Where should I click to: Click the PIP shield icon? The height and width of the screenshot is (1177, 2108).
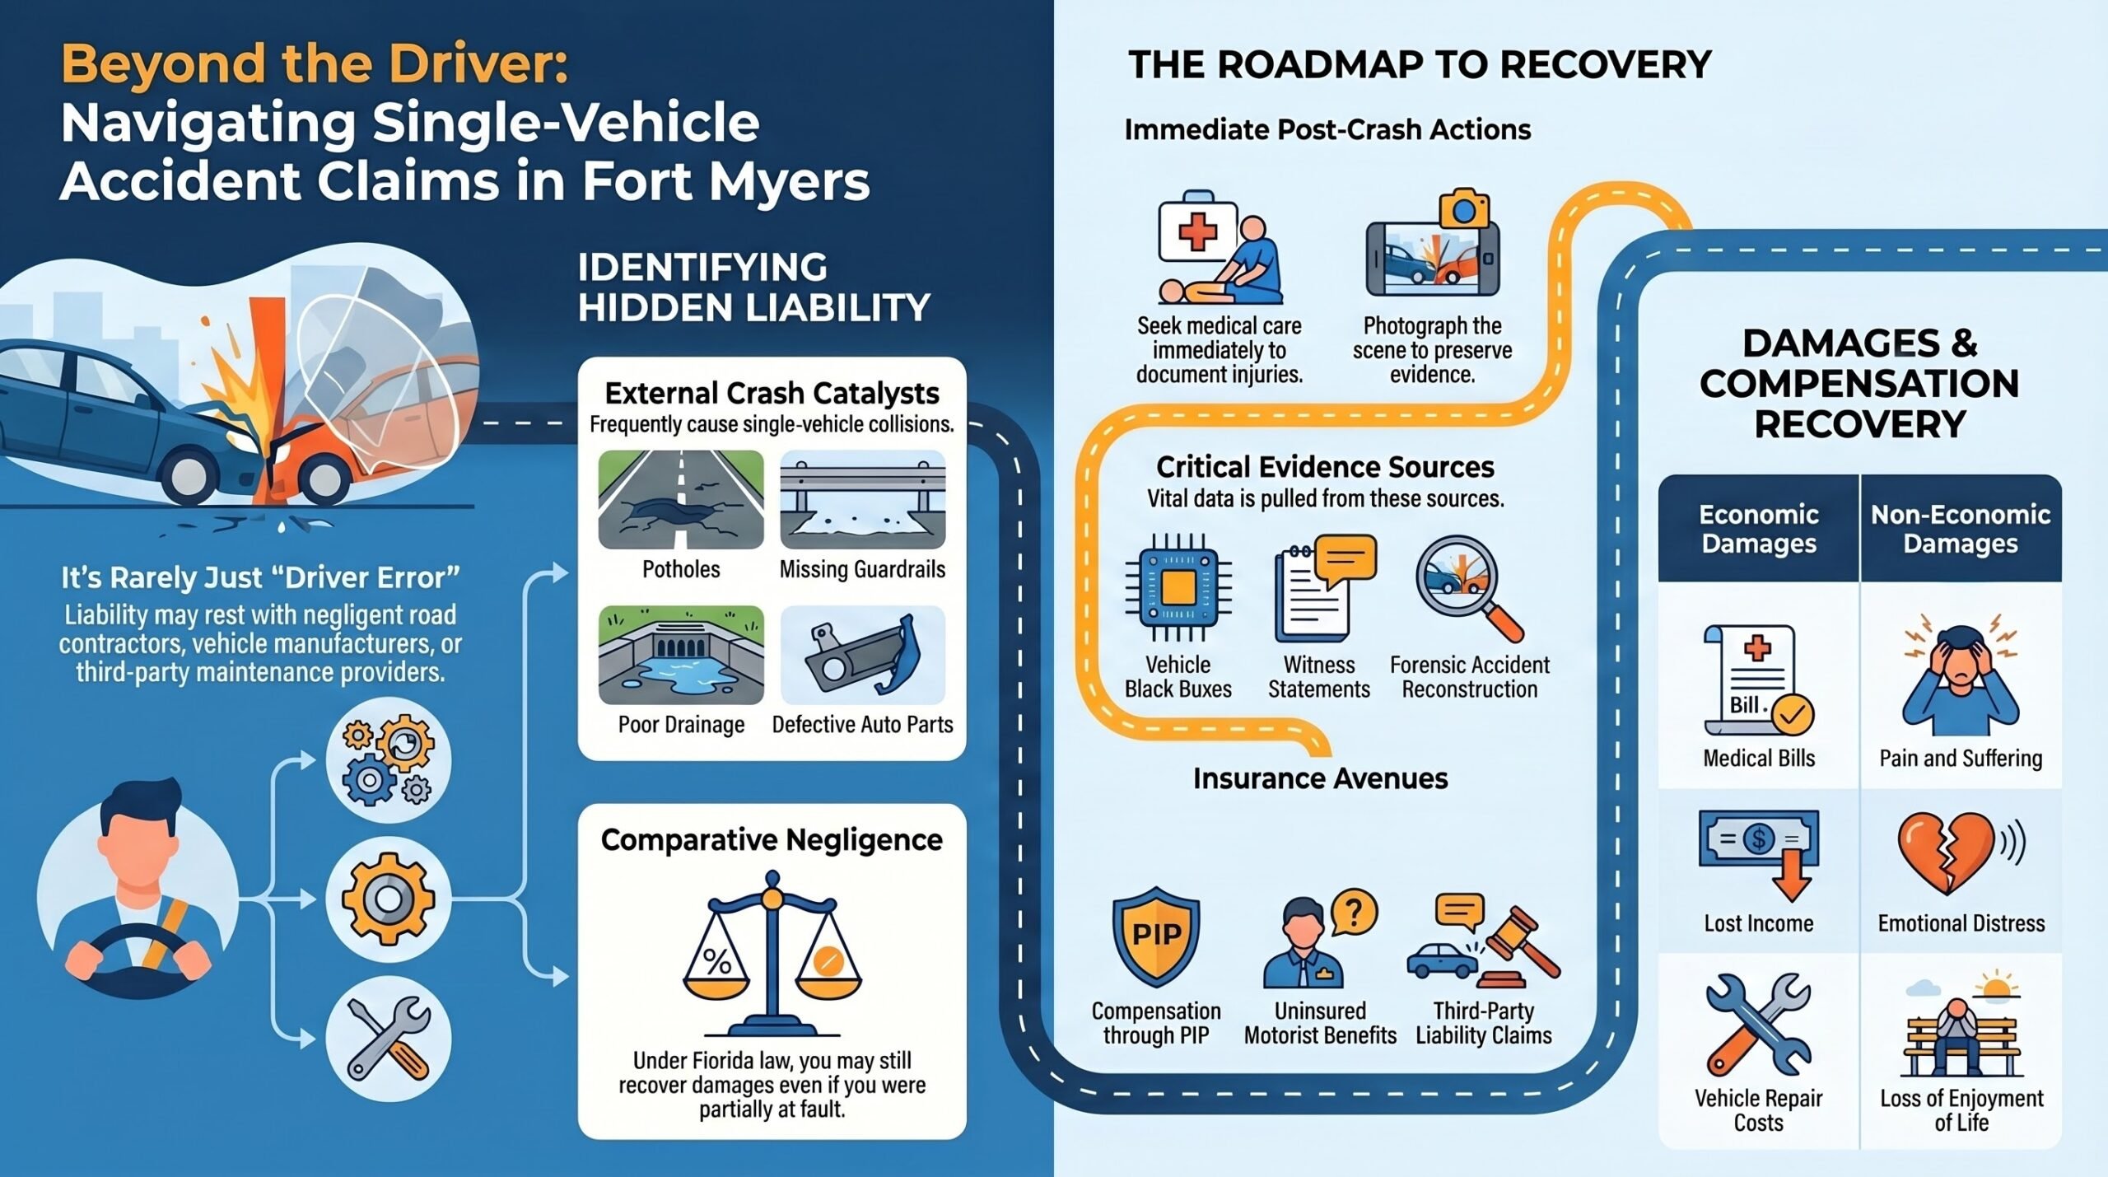point(1156,936)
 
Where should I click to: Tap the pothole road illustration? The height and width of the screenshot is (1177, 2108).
point(681,499)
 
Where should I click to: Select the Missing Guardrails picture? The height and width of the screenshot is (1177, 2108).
point(862,499)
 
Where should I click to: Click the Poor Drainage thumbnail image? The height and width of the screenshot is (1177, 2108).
point(681,655)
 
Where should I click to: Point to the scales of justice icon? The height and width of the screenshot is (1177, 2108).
point(772,952)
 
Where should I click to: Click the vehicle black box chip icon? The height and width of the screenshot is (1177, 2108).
point(1178,587)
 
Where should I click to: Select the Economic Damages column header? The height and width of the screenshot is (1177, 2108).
point(1759,529)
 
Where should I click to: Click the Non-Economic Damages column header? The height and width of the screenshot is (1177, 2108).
point(1961,529)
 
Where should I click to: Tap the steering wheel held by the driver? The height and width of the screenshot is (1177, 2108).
point(136,959)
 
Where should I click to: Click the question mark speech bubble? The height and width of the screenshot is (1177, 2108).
point(1353,912)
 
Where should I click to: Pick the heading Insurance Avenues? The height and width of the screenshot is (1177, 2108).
point(1320,778)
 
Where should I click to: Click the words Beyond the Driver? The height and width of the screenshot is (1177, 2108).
point(315,63)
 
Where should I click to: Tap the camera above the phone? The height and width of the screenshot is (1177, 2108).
point(1464,211)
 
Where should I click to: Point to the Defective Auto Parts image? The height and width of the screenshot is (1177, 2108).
point(862,655)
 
